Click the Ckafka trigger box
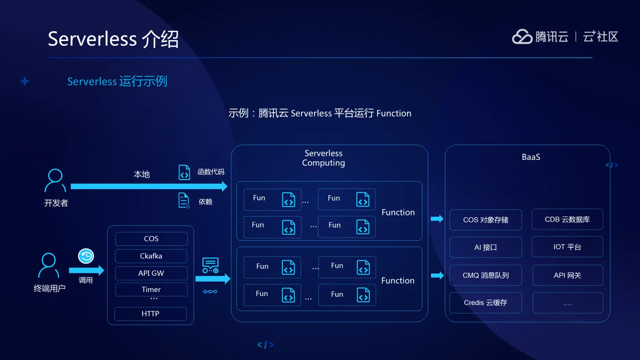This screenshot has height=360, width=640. coord(151,256)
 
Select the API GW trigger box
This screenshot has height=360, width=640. coord(151,273)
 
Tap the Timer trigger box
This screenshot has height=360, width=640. coord(151,289)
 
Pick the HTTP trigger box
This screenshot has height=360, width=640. coord(151,314)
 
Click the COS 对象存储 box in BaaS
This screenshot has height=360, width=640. coord(486,220)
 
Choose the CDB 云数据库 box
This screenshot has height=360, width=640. coord(567,219)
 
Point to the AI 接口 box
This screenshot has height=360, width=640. coord(486,247)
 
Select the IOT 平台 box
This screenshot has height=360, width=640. coord(567,247)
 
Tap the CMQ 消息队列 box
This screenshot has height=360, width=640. coord(486,275)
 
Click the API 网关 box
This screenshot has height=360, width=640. coord(567,275)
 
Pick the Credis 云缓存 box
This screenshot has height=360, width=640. coord(486,303)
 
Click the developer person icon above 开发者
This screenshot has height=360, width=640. coord(55,180)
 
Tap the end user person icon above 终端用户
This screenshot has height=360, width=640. coord(49,265)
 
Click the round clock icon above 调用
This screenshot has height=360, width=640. coord(86,256)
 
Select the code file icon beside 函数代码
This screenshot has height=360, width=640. coord(184,172)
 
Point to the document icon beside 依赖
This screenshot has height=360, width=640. coord(184,200)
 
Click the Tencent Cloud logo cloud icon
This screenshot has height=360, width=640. coord(522,37)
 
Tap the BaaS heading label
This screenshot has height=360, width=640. coord(531,157)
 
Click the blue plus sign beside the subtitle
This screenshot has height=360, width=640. coord(25,81)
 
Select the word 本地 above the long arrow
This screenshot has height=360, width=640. coord(142,174)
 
